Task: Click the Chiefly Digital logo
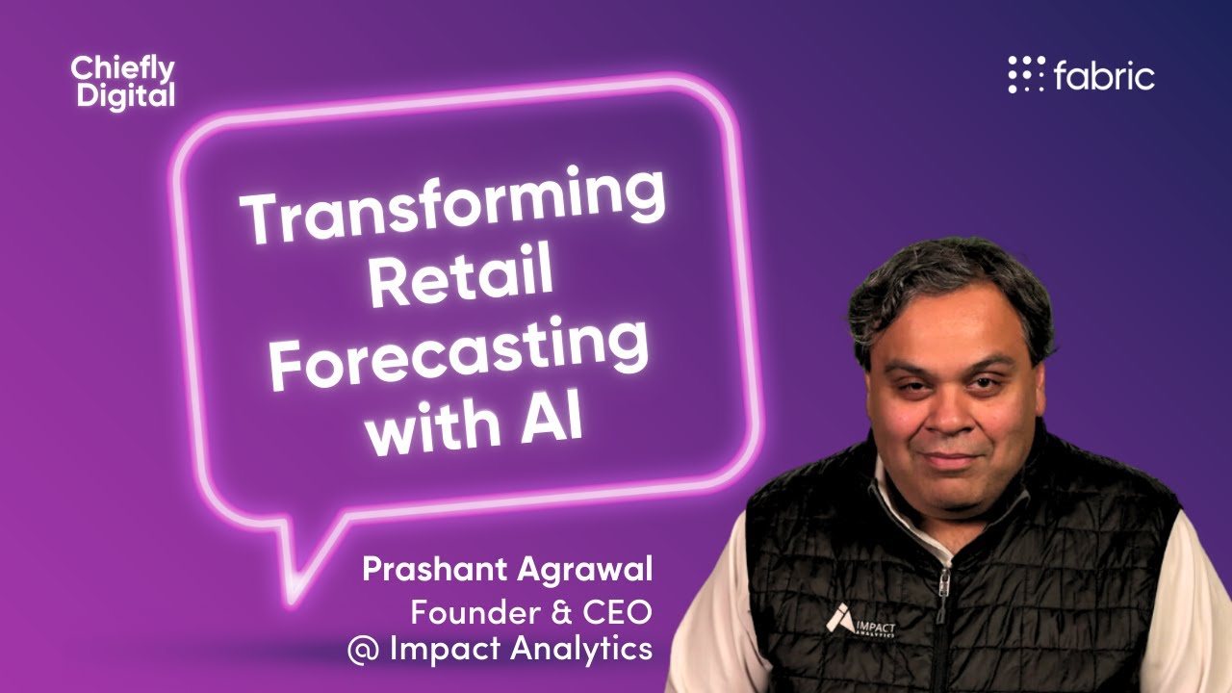pos(122,82)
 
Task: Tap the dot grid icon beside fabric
pos(1026,75)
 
